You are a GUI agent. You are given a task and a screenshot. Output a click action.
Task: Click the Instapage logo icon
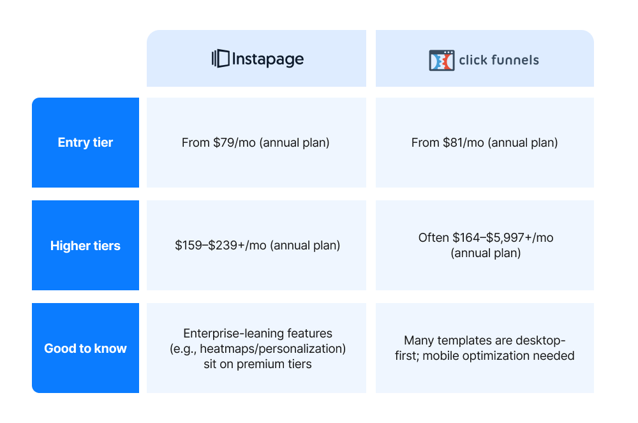click(220, 59)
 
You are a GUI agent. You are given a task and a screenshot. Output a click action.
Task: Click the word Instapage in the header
click(268, 59)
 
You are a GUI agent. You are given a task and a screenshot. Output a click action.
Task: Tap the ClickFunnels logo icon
click(441, 60)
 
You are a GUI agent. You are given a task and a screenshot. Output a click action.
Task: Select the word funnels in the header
click(516, 61)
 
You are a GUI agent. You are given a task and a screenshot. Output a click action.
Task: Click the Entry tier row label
click(85, 142)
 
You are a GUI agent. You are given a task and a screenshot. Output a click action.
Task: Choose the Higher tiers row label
click(85, 246)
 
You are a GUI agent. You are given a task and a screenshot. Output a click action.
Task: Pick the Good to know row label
click(85, 348)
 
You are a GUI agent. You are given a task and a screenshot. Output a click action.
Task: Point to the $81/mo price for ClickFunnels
click(466, 143)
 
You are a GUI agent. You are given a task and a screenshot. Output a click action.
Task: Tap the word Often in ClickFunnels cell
click(434, 238)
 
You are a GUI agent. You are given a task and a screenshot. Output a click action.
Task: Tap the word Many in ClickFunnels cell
click(419, 340)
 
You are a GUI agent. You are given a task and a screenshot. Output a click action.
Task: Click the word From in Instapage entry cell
click(195, 143)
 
